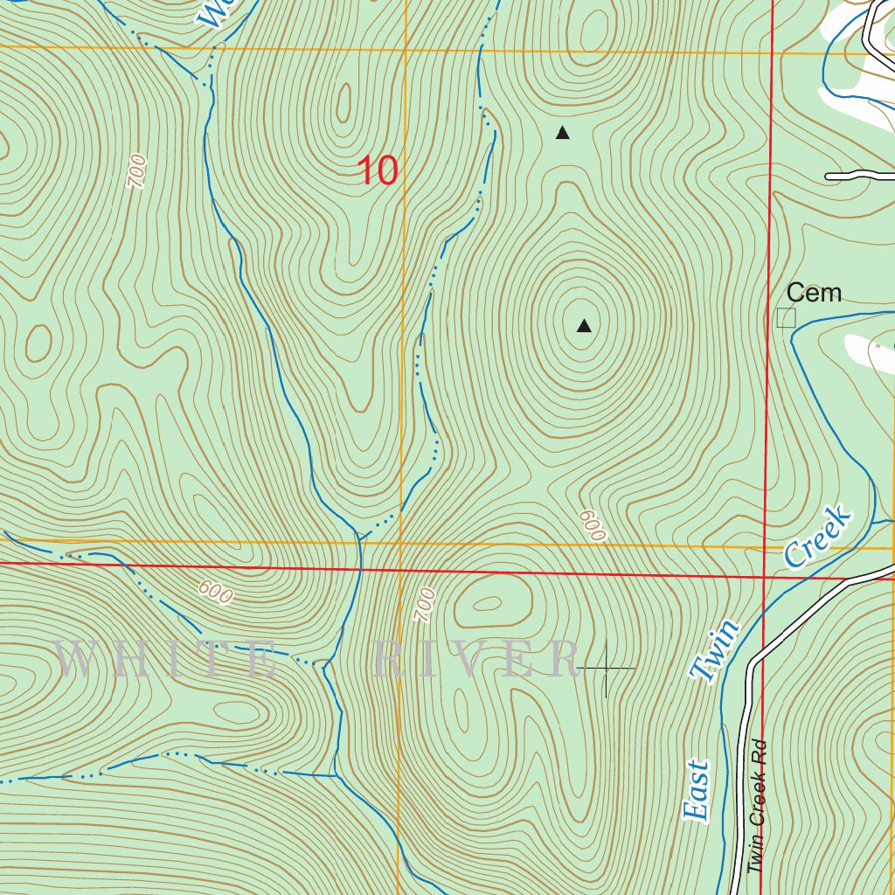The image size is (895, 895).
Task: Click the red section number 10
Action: pyautogui.click(x=378, y=170)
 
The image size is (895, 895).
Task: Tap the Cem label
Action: pyautogui.click(x=813, y=293)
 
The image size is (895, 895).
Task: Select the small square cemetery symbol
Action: pyautogui.click(x=787, y=317)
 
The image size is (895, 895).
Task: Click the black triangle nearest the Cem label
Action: pyautogui.click(x=584, y=327)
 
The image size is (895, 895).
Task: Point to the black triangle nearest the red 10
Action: pyautogui.click(x=563, y=134)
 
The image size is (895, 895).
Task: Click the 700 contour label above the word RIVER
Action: pyautogui.click(x=424, y=605)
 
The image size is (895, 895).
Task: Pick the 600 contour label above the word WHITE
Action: pyautogui.click(x=215, y=592)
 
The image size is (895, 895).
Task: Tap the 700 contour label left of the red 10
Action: pyautogui.click(x=136, y=171)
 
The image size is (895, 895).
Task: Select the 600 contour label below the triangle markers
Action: pyautogui.click(x=592, y=525)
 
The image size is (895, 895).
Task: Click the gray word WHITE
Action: pyautogui.click(x=166, y=660)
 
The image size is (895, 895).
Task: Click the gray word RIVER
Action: pyautogui.click(x=476, y=660)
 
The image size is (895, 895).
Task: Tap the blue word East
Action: pyautogui.click(x=697, y=791)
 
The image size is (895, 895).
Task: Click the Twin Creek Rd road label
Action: pyautogui.click(x=757, y=806)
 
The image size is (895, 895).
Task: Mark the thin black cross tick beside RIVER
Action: pyautogui.click(x=606, y=669)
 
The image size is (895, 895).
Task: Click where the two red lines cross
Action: pyautogui.click(x=764, y=577)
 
